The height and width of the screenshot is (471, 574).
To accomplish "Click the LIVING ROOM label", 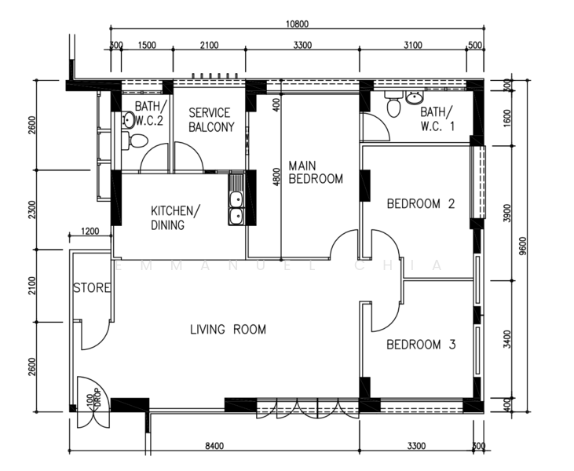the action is (x=228, y=330).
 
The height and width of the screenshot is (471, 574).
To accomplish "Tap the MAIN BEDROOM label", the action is (x=316, y=172).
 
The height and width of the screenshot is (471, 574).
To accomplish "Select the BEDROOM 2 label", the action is (x=421, y=203).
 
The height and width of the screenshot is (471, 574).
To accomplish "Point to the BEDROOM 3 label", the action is (x=421, y=345).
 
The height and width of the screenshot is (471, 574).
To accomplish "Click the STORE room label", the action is (x=92, y=287).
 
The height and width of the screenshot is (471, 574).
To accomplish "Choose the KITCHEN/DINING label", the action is (x=176, y=217).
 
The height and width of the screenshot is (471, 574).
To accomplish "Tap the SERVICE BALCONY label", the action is (x=211, y=119).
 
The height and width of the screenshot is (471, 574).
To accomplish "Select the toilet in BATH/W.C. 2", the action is (x=135, y=141).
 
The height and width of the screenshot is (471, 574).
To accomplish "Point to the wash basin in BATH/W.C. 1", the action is (x=415, y=97).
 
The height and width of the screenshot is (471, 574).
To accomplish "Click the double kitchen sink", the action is (x=236, y=199).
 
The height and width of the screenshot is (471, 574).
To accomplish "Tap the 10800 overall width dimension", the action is (x=298, y=24).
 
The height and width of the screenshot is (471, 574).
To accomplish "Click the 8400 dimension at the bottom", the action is (x=214, y=446).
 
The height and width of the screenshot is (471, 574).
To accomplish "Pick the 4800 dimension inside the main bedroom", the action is (x=276, y=177).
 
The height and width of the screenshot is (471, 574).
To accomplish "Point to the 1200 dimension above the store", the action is (x=90, y=232).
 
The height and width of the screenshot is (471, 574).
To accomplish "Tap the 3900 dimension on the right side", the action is (x=507, y=213).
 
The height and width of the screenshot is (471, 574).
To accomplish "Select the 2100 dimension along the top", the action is (x=210, y=45).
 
